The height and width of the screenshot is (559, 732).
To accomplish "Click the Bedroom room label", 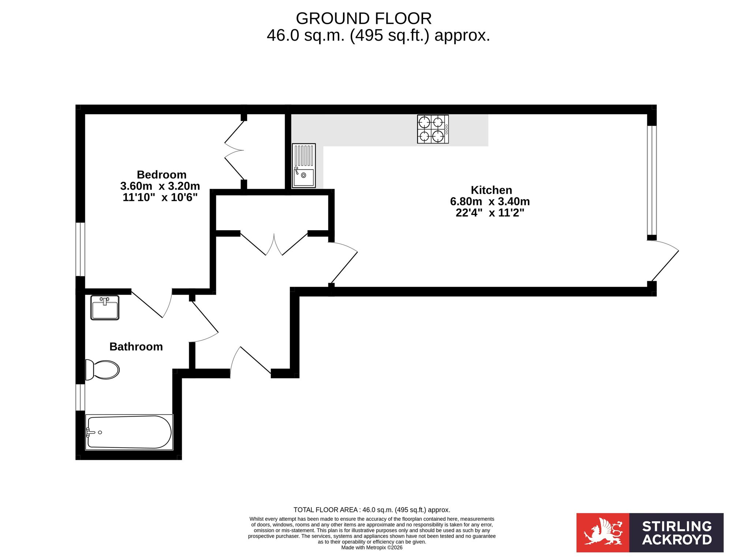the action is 161,175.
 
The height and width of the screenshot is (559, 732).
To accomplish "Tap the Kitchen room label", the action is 491,190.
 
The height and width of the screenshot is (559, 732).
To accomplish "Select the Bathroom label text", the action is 136,347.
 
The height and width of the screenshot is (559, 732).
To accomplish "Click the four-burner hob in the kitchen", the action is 433,129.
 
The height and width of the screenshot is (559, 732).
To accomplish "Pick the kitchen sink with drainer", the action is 304,165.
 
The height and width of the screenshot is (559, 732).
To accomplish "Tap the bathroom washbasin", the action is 105,308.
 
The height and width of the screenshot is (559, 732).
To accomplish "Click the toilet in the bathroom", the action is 102,370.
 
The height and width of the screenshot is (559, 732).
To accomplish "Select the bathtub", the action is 129,432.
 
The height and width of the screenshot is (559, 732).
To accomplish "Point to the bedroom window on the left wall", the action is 80,249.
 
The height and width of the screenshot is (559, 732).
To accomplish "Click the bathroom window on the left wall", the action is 80,397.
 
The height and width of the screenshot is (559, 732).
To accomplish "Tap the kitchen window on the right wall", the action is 652,180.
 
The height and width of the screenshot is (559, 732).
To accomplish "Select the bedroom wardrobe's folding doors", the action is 234,150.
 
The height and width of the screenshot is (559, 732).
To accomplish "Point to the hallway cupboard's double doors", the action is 274,244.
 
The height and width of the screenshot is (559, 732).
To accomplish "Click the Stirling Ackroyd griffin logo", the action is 603,533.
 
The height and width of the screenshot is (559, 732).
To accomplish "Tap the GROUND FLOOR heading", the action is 364,18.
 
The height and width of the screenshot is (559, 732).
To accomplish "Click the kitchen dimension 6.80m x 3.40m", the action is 490,201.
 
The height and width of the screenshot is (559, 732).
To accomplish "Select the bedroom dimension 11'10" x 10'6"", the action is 160,197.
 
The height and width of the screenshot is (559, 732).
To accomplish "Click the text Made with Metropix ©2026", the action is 372,548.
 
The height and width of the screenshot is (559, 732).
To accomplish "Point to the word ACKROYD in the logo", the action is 677,540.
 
